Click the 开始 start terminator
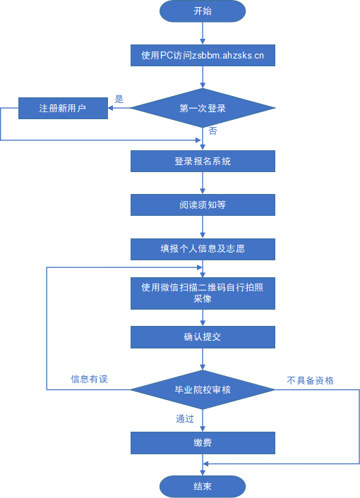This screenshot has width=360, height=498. coord(203,11)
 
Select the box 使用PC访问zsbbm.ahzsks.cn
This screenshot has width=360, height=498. coord(203,55)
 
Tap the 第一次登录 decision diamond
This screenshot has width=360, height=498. coord(203,109)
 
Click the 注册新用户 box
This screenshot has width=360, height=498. coord(63,109)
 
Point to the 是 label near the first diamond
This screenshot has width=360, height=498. coord(119,99)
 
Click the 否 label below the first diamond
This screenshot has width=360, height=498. coord(212,131)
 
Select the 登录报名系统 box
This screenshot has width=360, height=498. coord(203,162)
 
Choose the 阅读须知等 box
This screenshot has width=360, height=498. coord(203,205)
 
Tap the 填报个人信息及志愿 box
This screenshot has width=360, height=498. coord(203,249)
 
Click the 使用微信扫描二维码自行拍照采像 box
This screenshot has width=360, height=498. coord(203,293)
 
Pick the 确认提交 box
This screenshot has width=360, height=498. coord(203,336)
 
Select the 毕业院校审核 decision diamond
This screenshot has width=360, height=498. coord(203,389)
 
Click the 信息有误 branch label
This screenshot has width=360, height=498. coord(89,379)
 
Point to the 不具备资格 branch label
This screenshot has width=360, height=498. coord(310,380)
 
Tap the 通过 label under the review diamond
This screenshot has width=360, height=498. coord(185,418)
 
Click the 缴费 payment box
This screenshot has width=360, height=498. coord(203,443)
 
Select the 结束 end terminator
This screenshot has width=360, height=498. coord(203,487)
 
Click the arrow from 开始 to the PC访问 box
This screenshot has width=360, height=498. coord(203,33)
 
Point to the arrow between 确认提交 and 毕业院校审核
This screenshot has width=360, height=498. coord(203,358)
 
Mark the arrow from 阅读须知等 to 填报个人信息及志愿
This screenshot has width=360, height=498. coord(203,227)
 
